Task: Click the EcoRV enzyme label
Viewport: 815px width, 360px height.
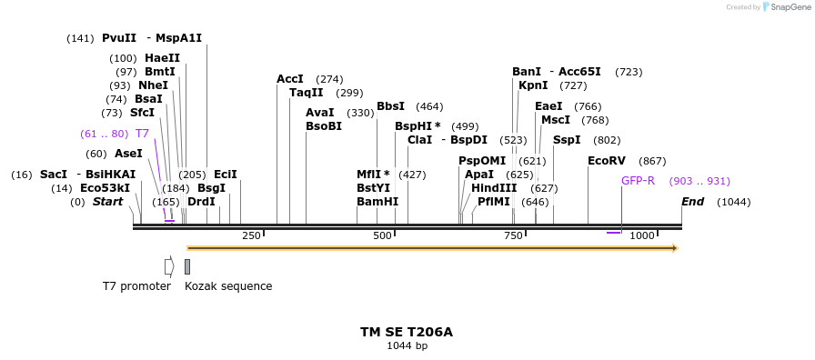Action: pyautogui.click(x=606, y=161)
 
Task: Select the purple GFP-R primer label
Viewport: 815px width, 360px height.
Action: pyautogui.click(x=638, y=181)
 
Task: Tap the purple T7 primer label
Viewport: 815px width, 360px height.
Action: pyautogui.click(x=142, y=134)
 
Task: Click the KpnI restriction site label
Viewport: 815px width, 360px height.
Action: pyautogui.click(x=533, y=85)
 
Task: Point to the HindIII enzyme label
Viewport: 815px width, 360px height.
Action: pyautogui.click(x=494, y=188)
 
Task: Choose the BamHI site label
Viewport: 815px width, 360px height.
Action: pyautogui.click(x=377, y=202)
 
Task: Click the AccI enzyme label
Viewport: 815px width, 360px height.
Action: pyautogui.click(x=290, y=79)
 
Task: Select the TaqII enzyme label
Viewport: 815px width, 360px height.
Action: pyautogui.click(x=306, y=93)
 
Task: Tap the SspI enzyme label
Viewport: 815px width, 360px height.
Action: pyautogui.click(x=567, y=140)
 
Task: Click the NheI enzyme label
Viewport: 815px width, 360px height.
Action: pyautogui.click(x=153, y=85)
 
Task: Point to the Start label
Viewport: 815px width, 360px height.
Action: pyautogui.click(x=107, y=202)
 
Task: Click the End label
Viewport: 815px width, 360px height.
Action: pyautogui.click(x=692, y=202)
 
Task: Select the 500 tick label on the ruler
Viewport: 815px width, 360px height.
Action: pyautogui.click(x=382, y=236)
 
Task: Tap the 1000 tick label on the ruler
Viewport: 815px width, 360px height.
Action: pyautogui.click(x=642, y=236)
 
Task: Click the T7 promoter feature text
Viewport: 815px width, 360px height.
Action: pyautogui.click(x=136, y=286)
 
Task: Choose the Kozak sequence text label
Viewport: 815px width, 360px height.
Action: pyautogui.click(x=228, y=286)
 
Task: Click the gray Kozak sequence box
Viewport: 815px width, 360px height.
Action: pyautogui.click(x=187, y=266)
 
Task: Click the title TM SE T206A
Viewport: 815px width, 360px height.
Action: pyautogui.click(x=407, y=332)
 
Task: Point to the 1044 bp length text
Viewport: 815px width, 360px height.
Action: pyautogui.click(x=407, y=346)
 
